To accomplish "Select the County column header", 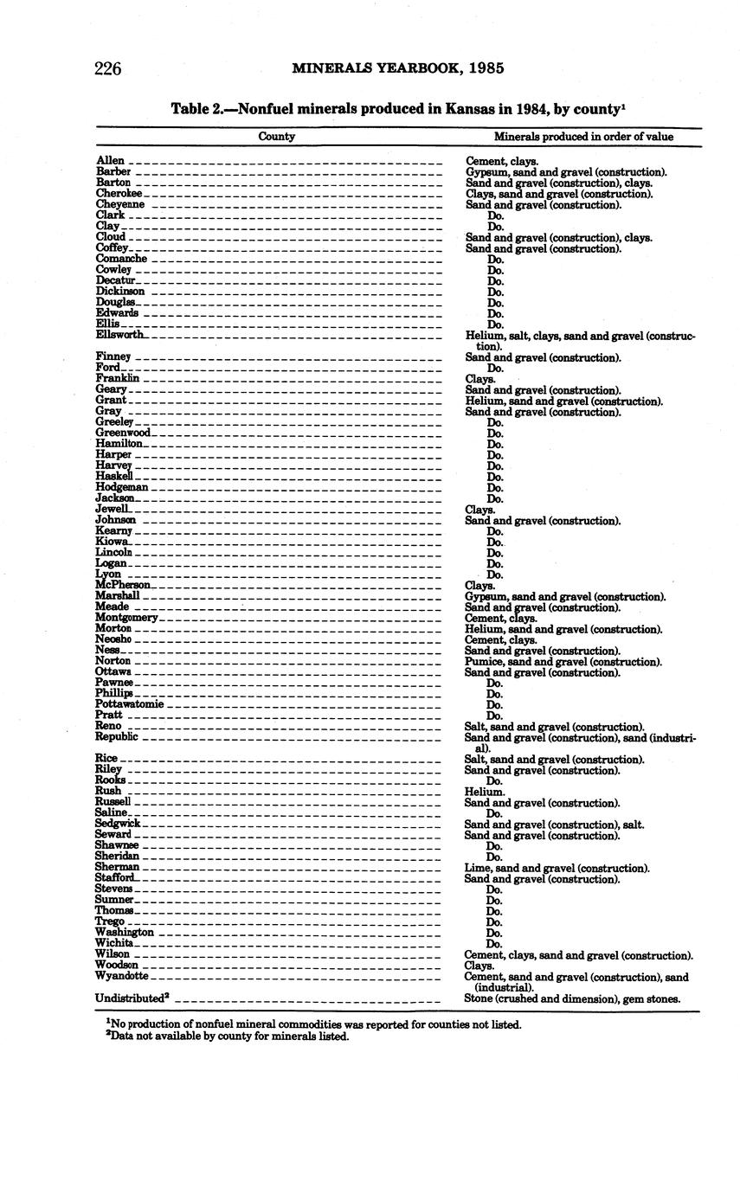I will point(277,136).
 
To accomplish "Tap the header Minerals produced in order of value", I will point(583,136).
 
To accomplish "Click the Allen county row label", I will point(110,161).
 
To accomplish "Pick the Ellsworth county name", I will point(120,335).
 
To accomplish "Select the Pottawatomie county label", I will point(129,704).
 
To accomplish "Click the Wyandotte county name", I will point(122,976).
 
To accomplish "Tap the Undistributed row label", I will point(132,998).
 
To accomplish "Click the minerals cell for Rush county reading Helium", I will point(485,792).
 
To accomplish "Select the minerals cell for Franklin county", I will point(480,379).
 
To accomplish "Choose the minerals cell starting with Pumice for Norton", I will point(563,662).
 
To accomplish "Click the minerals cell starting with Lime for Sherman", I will point(557,868).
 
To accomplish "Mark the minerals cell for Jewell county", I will point(480,510).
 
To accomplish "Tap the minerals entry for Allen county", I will point(502,161).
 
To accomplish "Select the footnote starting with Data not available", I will point(228,1037).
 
